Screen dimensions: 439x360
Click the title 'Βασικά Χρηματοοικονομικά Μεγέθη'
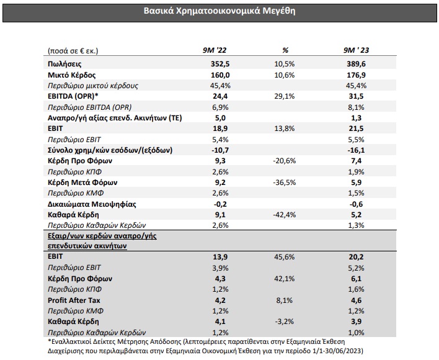click(219, 11)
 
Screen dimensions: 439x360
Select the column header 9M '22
click(215, 50)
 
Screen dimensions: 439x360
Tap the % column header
click(285, 50)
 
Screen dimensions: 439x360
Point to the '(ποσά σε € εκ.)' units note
click(73, 51)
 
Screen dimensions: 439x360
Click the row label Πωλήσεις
click(64, 64)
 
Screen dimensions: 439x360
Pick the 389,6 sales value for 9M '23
click(356, 64)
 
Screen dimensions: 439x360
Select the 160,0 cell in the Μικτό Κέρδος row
click(220, 75)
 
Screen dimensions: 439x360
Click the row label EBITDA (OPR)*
click(73, 96)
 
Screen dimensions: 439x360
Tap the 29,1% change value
click(285, 96)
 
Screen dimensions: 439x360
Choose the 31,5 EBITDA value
click(356, 96)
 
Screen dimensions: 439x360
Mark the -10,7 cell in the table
click(220, 150)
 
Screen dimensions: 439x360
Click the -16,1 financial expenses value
click(356, 150)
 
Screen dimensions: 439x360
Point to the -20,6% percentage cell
click(285, 161)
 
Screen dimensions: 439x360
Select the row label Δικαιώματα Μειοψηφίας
click(92, 204)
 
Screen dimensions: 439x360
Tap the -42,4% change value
click(285, 215)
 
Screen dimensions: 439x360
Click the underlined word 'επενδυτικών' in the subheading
click(69, 246)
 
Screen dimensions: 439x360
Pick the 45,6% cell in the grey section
click(285, 257)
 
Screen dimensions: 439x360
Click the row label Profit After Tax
click(74, 300)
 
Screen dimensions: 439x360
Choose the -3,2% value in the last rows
click(285, 322)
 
